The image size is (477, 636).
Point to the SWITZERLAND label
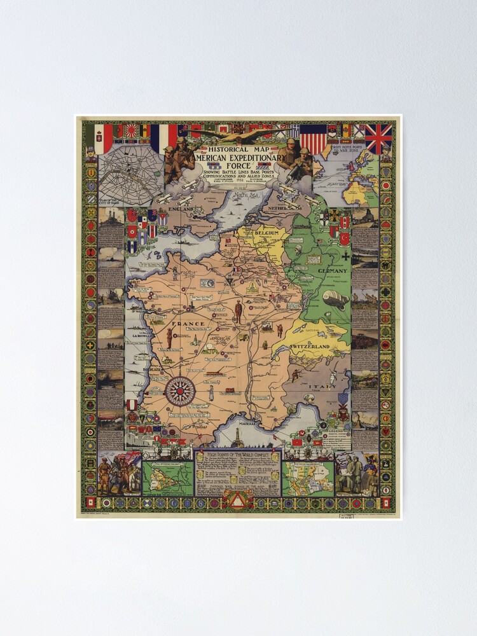coord(310,346)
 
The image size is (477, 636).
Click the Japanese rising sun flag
coord(131,131)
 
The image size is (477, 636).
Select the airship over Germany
coord(335,299)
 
